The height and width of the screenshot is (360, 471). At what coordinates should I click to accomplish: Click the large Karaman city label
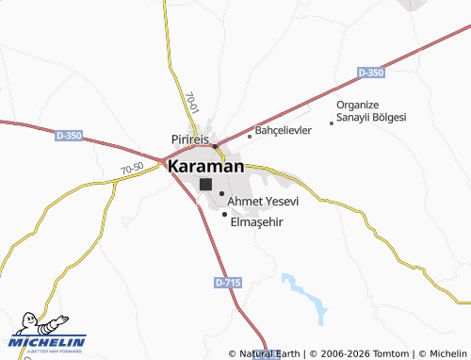(x=206, y=166)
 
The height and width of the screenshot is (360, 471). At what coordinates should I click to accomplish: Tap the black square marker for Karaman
(x=205, y=185)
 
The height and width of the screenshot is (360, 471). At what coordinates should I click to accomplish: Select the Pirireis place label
(x=189, y=139)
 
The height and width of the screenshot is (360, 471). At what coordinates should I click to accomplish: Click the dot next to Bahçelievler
(x=250, y=136)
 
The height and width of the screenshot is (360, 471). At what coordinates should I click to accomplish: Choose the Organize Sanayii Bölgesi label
(x=371, y=110)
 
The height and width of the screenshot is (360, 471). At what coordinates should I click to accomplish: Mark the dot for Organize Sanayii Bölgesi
(x=331, y=123)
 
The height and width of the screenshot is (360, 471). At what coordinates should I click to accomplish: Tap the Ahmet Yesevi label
(x=263, y=202)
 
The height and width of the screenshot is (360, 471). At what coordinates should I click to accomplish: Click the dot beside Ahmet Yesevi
(x=221, y=194)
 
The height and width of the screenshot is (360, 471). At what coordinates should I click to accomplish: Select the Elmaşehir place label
(x=257, y=222)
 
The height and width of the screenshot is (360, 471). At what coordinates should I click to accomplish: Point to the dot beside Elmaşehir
(x=224, y=214)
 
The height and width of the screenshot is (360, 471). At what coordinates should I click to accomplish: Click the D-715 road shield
(x=227, y=282)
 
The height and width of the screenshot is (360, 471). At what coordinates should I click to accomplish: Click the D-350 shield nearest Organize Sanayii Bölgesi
(x=371, y=72)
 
